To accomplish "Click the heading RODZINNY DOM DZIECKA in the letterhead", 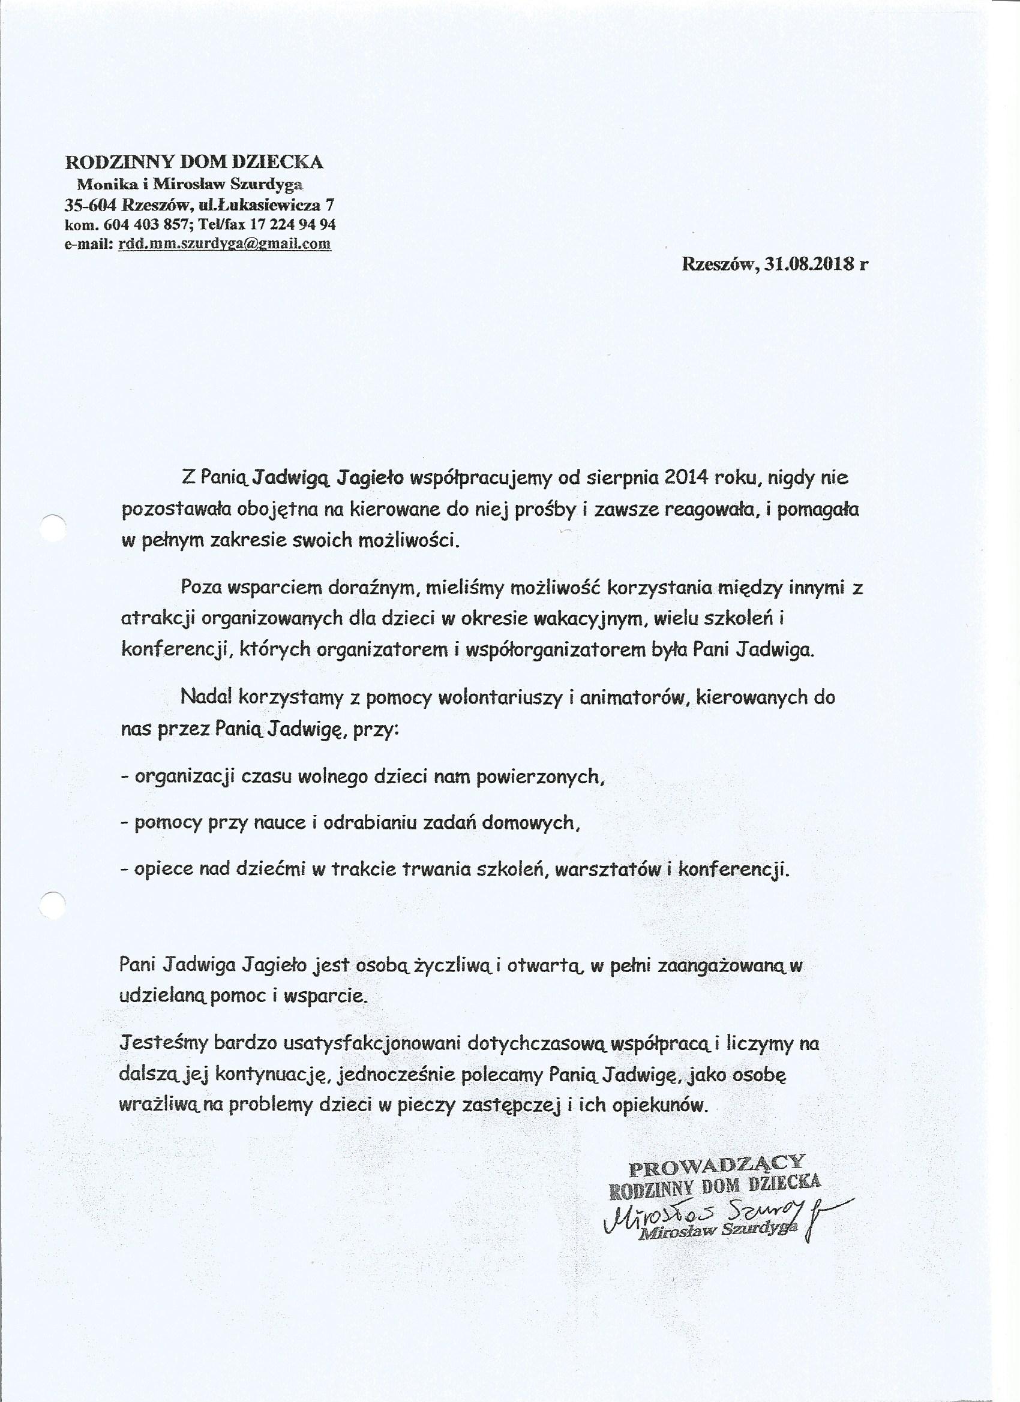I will click(194, 162).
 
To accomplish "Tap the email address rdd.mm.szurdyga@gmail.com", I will click(224, 243).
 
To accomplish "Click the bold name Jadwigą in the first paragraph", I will click(294, 478).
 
